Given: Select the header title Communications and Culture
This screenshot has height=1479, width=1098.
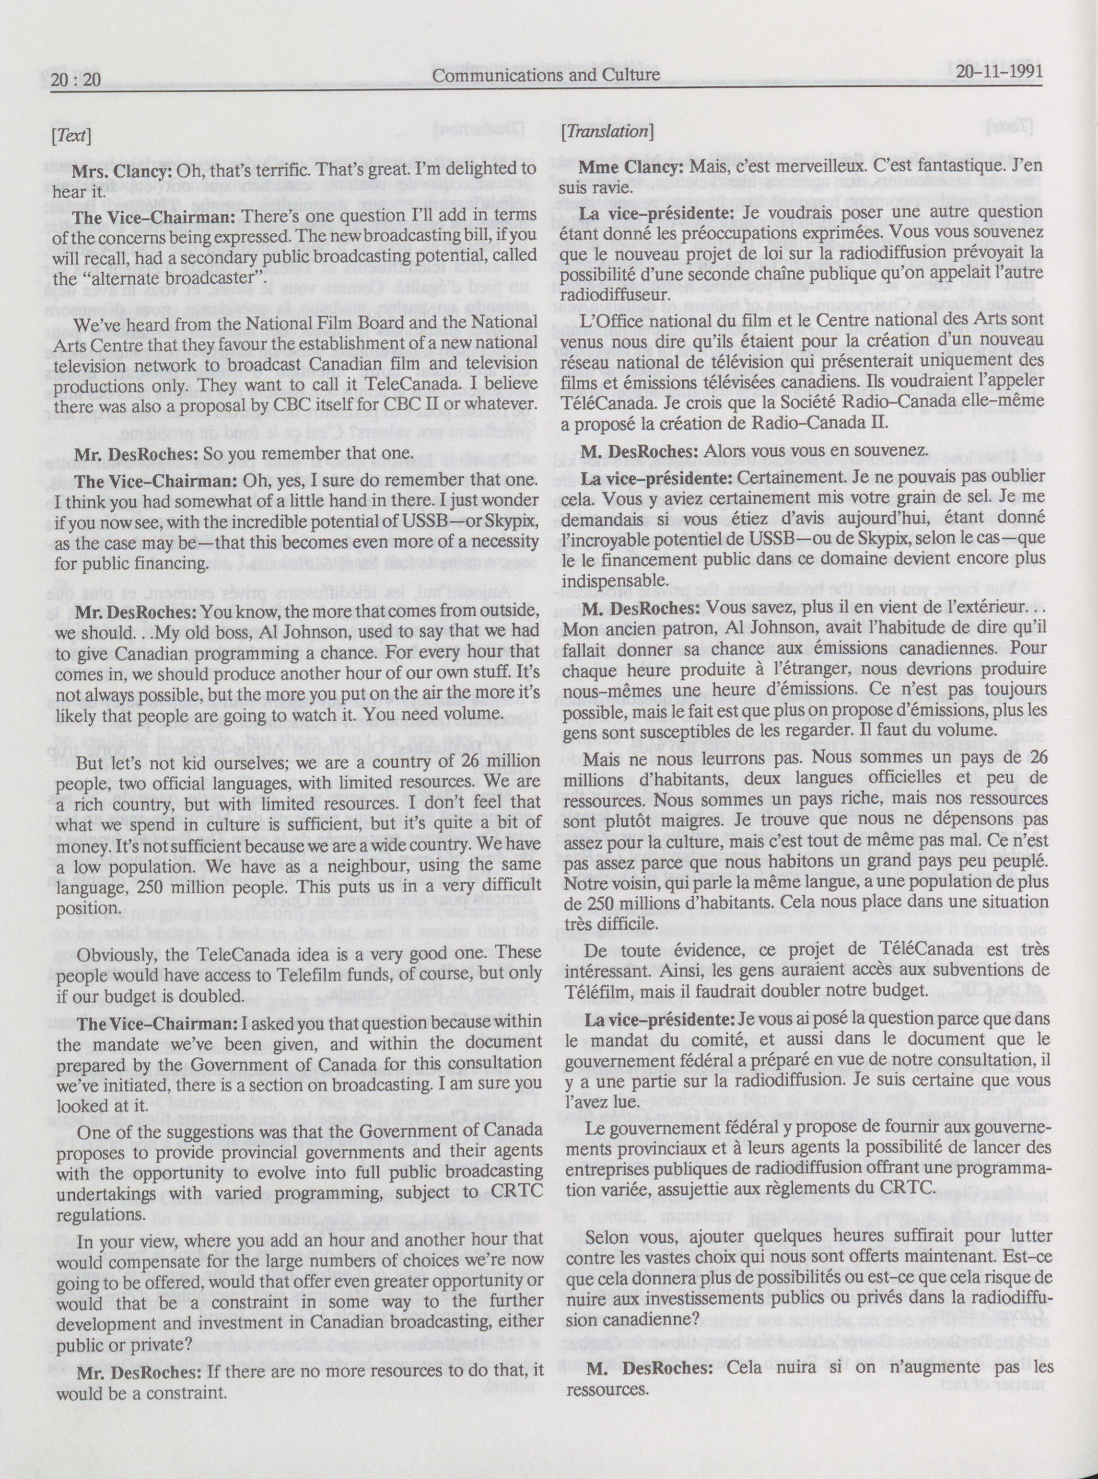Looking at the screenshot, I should (x=546, y=75).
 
